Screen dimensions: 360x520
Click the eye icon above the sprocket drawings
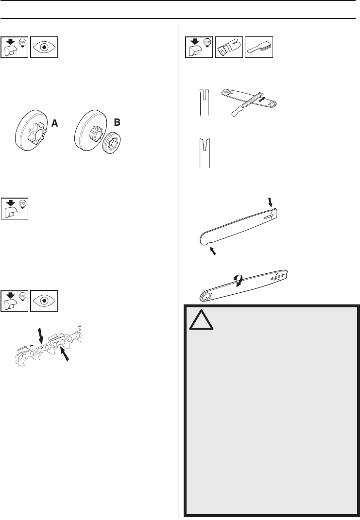click(x=44, y=47)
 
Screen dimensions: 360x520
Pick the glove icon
click(x=229, y=47)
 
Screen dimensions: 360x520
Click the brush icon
click(x=259, y=47)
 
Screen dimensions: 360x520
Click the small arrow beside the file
click(x=263, y=100)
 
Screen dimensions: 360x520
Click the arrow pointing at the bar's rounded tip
click(x=212, y=251)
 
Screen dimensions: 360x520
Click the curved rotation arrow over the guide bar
click(x=239, y=281)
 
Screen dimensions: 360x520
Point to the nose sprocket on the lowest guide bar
click(x=209, y=296)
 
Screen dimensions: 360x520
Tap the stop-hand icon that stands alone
click(x=15, y=208)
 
